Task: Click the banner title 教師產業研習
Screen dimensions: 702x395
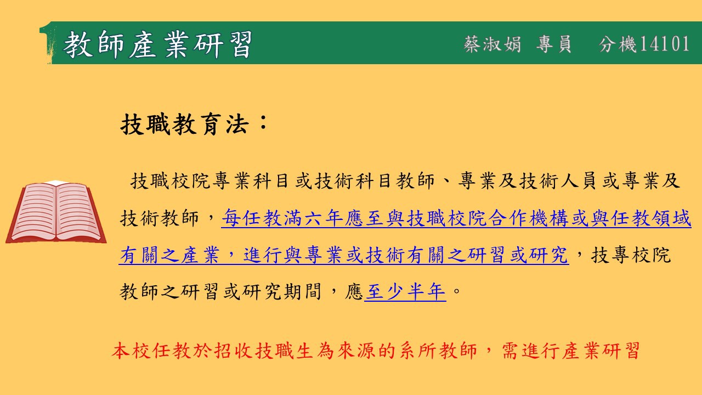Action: coord(157,44)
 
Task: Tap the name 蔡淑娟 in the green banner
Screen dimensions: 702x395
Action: coord(492,44)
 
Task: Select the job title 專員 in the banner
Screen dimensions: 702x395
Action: coord(553,44)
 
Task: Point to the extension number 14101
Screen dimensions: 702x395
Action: coord(664,43)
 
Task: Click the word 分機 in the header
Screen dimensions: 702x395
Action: coord(618,44)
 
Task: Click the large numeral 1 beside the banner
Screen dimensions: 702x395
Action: coord(48,43)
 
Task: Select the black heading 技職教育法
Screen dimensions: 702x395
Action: coord(185,124)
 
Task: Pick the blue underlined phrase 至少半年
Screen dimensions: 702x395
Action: coord(405,291)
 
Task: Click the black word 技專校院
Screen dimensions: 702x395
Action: coord(631,255)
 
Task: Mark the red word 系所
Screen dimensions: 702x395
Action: coord(417,351)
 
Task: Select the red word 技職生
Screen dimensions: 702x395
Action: coord(284,351)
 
